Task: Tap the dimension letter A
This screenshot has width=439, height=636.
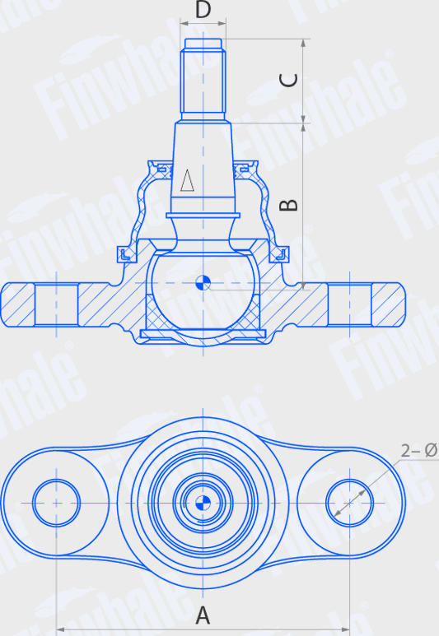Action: (x=203, y=614)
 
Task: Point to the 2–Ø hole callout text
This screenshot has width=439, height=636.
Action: (x=418, y=450)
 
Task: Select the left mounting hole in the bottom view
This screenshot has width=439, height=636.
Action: (x=56, y=502)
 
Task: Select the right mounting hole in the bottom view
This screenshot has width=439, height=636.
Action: (x=351, y=502)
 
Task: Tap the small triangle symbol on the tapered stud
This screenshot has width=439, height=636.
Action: (x=188, y=180)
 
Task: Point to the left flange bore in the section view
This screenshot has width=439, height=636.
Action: (x=58, y=304)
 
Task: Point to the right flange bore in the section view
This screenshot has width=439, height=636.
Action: (x=349, y=304)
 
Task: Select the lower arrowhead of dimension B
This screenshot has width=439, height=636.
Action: (x=305, y=282)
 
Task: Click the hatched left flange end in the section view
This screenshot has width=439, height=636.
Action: (x=18, y=304)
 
